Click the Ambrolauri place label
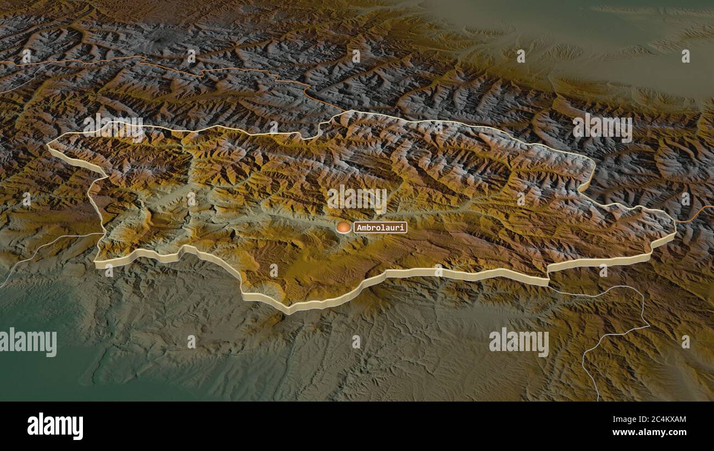(380, 227)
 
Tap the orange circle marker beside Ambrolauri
(344, 227)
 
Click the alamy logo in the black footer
(55, 426)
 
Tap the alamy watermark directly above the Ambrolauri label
(356, 199)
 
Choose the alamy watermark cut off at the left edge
(27, 342)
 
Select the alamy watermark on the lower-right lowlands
(518, 342)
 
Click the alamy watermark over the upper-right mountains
(602, 128)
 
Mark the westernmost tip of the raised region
(48, 146)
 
